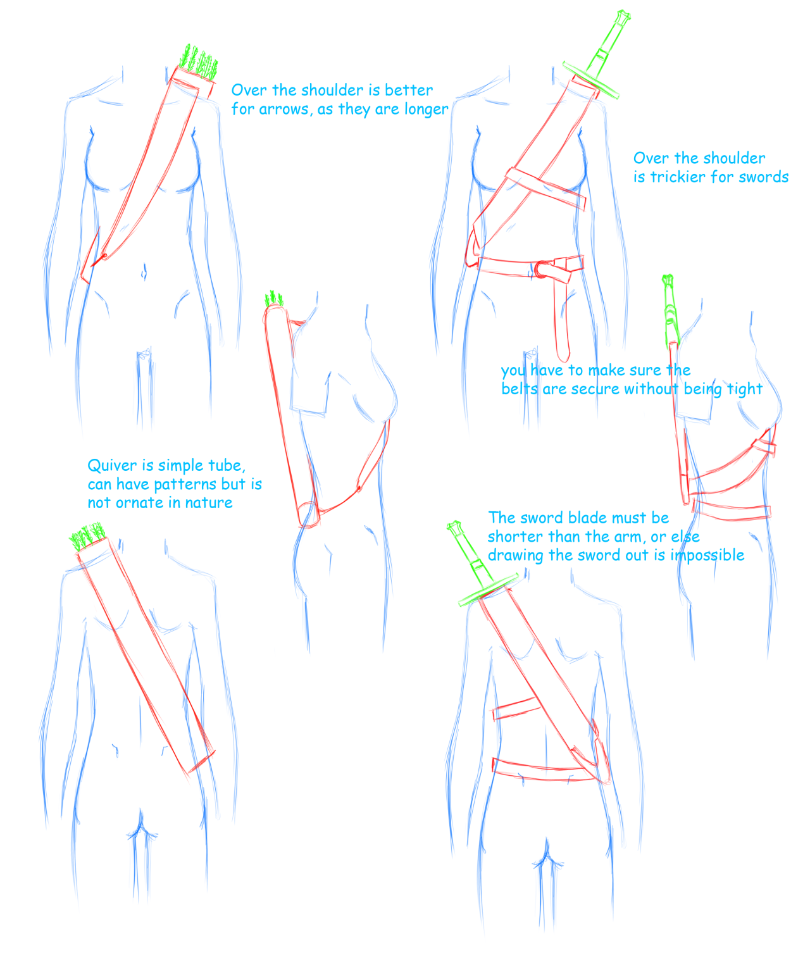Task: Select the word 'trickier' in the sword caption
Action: (x=677, y=177)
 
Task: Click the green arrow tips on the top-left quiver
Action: (x=199, y=62)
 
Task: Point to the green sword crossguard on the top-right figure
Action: (x=591, y=80)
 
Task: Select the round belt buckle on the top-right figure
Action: (x=542, y=269)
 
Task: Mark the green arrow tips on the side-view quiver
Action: (x=274, y=299)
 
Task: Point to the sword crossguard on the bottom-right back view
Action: (x=488, y=590)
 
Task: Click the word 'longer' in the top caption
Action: (x=427, y=110)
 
